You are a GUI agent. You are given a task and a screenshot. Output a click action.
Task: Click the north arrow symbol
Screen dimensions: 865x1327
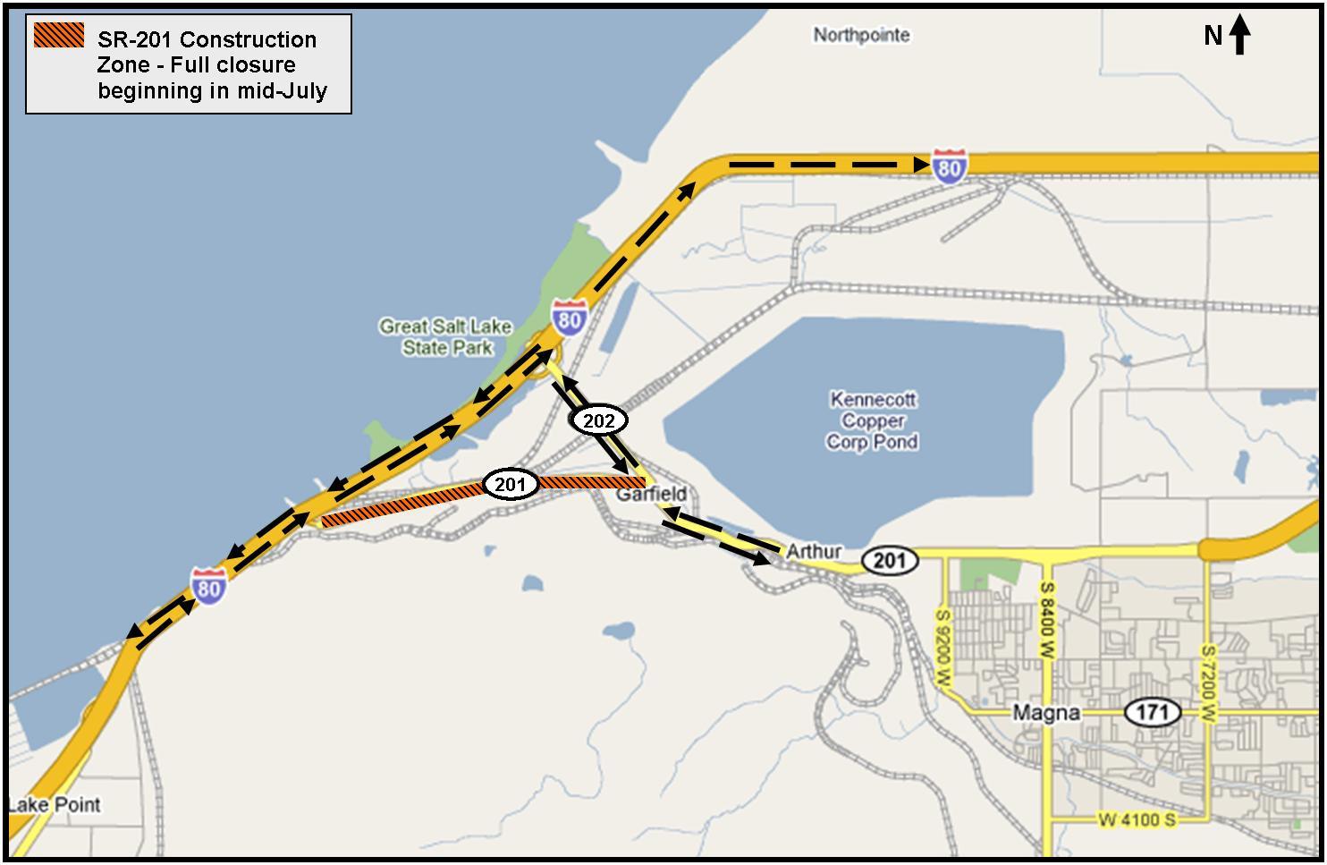click(1239, 36)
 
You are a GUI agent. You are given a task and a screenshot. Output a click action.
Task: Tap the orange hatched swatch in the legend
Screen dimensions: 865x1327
click(59, 36)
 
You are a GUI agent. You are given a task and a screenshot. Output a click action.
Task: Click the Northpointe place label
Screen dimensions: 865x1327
click(861, 35)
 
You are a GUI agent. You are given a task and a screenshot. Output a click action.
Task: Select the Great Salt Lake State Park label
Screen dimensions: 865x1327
click(445, 337)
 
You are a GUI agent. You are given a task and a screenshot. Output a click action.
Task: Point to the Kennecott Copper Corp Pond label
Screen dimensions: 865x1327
click(872, 420)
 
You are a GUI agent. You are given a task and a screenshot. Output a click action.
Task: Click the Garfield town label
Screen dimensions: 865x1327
click(652, 494)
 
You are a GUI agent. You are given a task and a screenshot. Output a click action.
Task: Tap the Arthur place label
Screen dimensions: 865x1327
click(813, 552)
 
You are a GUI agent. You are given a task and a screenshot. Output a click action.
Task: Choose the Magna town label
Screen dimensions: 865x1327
click(1045, 713)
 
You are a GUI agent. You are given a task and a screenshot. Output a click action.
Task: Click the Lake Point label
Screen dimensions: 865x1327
click(55, 804)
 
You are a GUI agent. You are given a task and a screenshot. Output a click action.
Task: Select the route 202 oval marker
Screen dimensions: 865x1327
click(599, 420)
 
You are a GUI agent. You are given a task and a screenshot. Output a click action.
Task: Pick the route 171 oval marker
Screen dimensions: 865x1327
click(1153, 713)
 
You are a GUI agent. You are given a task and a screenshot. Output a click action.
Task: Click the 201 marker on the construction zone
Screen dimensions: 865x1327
click(510, 485)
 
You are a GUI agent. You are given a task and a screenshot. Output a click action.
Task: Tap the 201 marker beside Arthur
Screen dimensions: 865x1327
click(890, 561)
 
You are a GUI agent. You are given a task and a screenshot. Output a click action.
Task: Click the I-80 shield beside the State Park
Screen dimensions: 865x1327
click(569, 318)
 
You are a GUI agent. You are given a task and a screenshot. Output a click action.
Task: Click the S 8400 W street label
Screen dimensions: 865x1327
click(1046, 623)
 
